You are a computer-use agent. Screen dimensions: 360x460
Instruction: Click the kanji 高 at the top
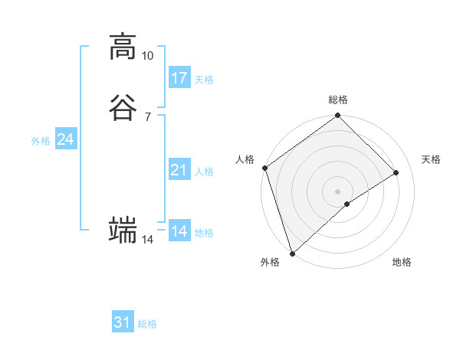pos(122,47)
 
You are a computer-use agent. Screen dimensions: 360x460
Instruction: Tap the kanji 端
pos(122,230)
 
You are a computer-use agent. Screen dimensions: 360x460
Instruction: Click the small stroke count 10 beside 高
pos(147,56)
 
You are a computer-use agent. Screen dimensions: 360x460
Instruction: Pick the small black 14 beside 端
pos(147,240)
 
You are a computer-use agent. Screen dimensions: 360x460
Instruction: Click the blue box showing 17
pos(179,78)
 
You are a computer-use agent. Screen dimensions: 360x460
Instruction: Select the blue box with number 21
pos(179,170)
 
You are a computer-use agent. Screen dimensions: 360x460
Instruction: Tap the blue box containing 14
pos(179,231)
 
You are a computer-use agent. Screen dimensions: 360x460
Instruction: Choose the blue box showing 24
pos(65,139)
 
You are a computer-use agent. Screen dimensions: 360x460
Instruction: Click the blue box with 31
pos(123,322)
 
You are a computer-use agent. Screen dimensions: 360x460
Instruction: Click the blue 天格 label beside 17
pos(204,80)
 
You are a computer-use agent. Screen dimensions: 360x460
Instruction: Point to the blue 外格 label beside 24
pos(41,141)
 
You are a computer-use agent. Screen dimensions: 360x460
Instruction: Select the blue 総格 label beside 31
pos(147,324)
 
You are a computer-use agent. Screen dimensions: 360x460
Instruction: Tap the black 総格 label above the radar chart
pos(338,100)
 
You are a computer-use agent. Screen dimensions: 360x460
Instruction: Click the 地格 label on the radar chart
pos(402,263)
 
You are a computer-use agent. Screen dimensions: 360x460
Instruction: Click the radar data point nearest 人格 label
pos(264,168)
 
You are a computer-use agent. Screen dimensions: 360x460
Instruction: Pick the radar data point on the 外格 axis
pos(292,252)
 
